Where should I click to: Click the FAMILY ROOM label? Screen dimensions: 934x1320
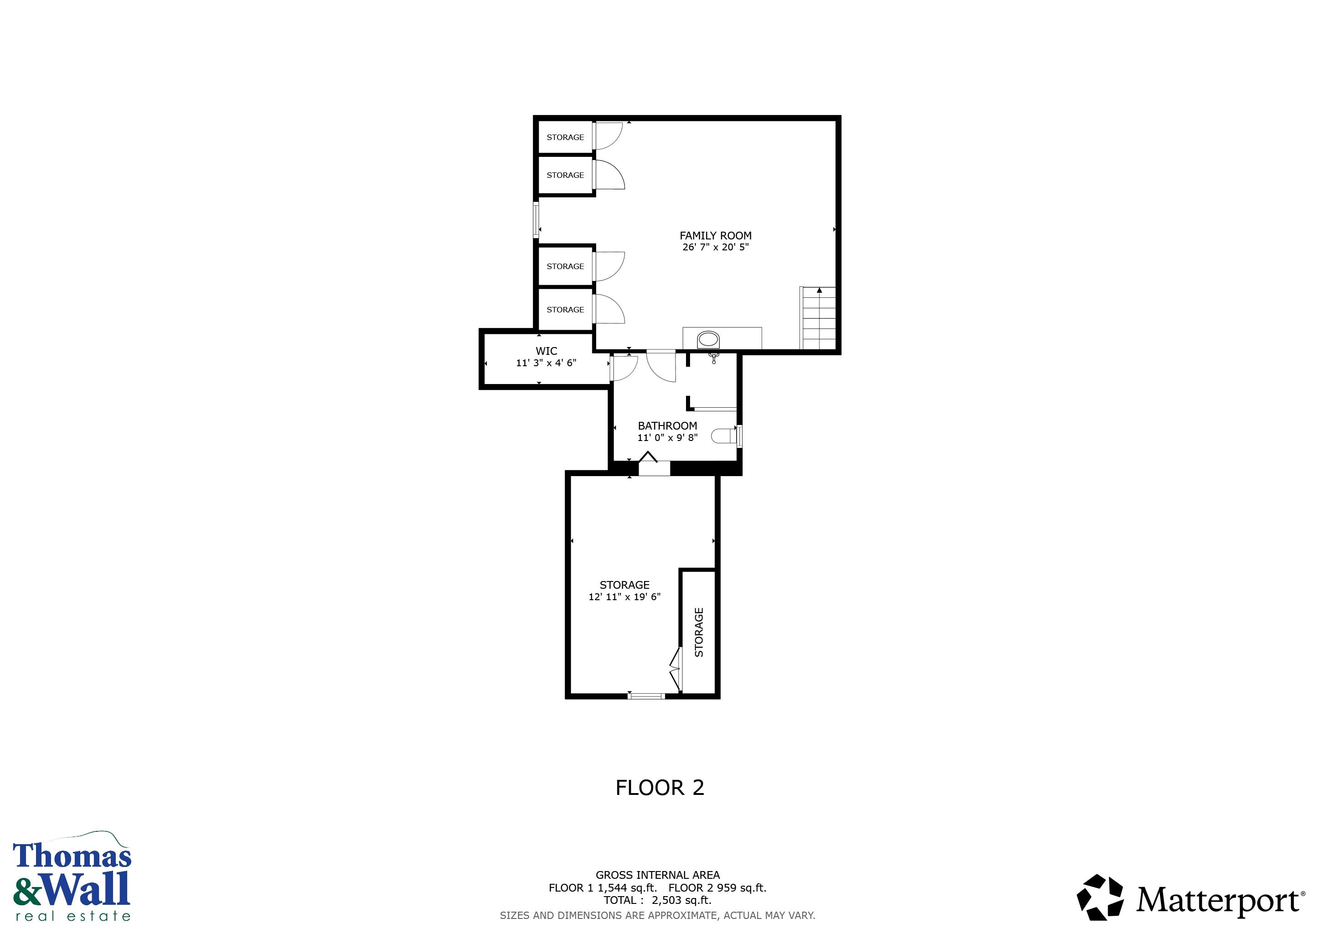[715, 236]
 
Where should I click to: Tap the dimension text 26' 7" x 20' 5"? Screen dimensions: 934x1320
[715, 247]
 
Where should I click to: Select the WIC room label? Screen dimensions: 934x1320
[546, 351]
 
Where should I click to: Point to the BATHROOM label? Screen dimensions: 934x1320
[667, 425]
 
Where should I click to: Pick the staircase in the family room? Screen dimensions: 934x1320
[818, 318]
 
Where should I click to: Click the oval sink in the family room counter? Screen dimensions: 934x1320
[708, 339]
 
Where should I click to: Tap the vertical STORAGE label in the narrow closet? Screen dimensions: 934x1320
[699, 632]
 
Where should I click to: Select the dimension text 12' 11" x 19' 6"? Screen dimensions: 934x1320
[624, 597]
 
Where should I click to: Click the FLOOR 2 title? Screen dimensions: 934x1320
[660, 787]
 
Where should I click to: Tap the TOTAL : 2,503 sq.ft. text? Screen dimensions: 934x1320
[657, 900]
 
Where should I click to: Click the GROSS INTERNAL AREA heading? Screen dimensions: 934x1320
[657, 875]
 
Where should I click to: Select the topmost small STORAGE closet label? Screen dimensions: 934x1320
[565, 137]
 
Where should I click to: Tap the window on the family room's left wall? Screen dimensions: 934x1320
[536, 219]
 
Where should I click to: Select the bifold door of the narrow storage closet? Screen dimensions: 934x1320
[675, 669]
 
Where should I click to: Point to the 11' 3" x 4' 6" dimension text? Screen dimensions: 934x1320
[546, 363]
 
